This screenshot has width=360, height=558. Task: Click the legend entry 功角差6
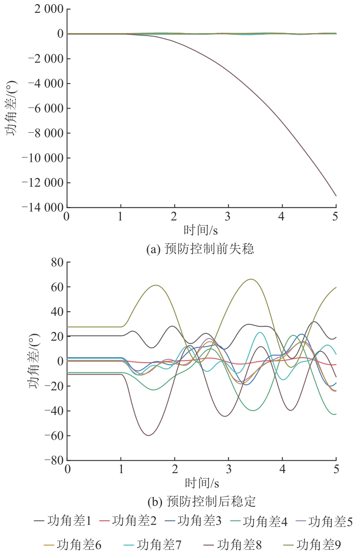point(72,545)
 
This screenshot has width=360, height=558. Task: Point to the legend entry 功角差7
point(152,545)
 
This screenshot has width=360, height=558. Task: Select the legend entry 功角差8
point(233,545)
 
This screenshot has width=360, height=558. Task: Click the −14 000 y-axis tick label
point(43,207)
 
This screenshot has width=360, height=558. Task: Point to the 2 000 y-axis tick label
point(49,9)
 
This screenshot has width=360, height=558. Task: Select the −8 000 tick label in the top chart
point(46,133)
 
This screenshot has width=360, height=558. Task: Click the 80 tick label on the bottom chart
point(57,262)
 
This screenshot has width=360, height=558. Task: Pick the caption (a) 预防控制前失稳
point(200,249)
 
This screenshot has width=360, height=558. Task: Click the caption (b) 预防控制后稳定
point(201,501)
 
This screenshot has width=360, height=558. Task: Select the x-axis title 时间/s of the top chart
point(201,230)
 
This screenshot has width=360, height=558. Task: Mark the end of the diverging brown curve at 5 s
point(336,196)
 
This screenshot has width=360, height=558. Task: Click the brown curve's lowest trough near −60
point(149,435)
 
